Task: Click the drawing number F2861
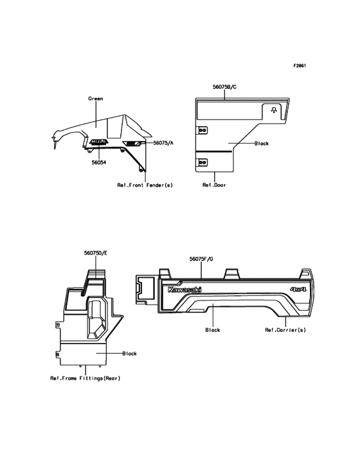click(x=300, y=66)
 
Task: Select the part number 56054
click(x=99, y=163)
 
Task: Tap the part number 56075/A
click(x=163, y=143)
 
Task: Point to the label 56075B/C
click(x=225, y=87)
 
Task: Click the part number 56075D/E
click(x=96, y=254)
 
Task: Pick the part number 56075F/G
click(x=201, y=259)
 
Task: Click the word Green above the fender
click(x=95, y=98)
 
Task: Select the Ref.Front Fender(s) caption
click(x=145, y=185)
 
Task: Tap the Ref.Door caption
click(x=214, y=185)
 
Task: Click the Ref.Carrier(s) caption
click(x=285, y=330)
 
